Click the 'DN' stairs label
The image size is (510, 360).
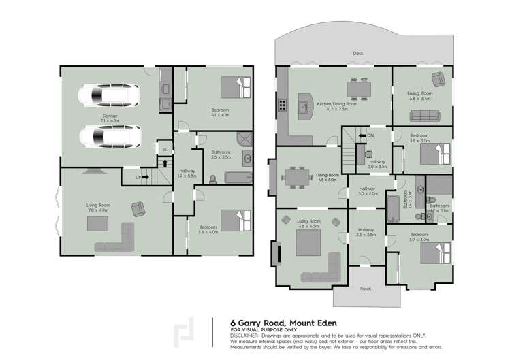(x=370, y=135)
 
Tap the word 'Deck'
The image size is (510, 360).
(x=358, y=54)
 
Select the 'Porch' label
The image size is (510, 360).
(x=366, y=289)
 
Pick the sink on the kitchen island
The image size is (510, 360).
(x=304, y=106)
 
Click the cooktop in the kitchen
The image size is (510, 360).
(x=281, y=105)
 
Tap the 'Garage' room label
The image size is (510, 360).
(x=110, y=116)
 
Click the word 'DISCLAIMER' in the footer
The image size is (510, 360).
(x=244, y=335)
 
